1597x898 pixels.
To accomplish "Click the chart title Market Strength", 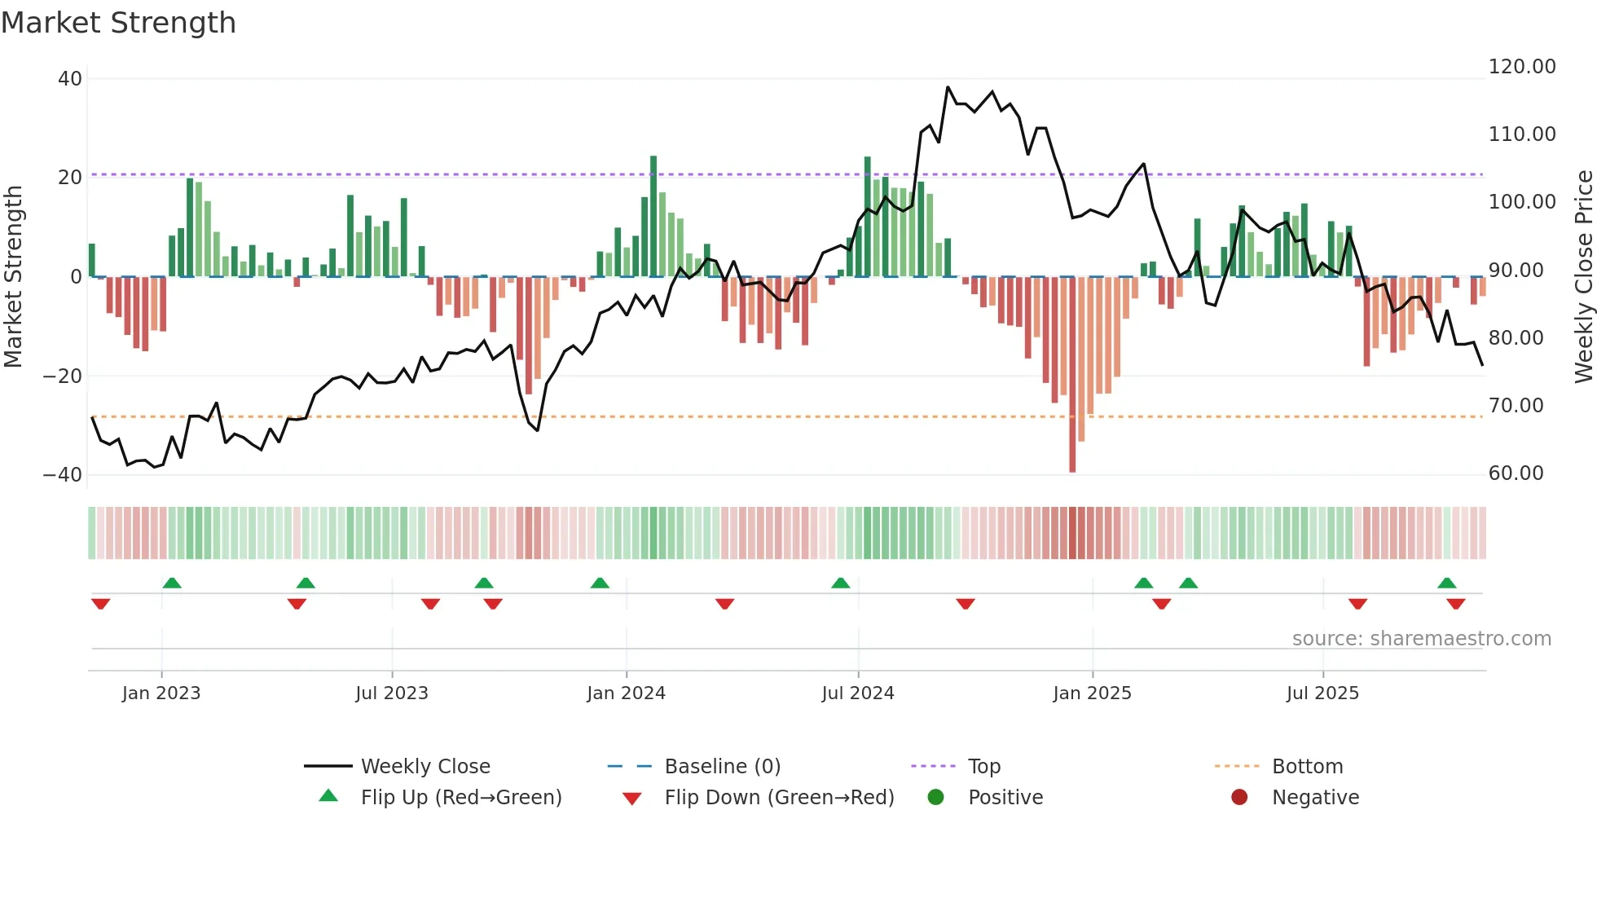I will pyautogui.click(x=119, y=23).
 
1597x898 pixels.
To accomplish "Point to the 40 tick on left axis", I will pyautogui.click(x=70, y=79).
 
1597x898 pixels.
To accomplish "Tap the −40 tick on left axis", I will pyautogui.click(x=64, y=474).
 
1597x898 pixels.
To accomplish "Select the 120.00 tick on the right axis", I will pyautogui.click(x=1521, y=67).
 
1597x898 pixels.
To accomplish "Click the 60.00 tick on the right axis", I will pyautogui.click(x=1516, y=473).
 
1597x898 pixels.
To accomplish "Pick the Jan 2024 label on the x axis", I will pyautogui.click(x=626, y=693).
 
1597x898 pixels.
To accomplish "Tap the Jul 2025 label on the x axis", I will pyautogui.click(x=1322, y=693).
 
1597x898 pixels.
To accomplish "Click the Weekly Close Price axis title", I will pyautogui.click(x=1583, y=277).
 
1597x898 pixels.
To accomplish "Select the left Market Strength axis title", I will pyautogui.click(x=14, y=277).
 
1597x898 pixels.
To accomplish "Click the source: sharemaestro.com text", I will pyautogui.click(x=1421, y=639).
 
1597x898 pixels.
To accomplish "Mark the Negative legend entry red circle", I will pyautogui.click(x=1239, y=797).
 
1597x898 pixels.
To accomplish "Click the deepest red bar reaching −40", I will pyautogui.click(x=1072, y=375).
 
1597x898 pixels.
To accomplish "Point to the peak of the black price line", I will pyautogui.click(x=948, y=87).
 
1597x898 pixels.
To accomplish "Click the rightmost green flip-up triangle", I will pyautogui.click(x=1447, y=583).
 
